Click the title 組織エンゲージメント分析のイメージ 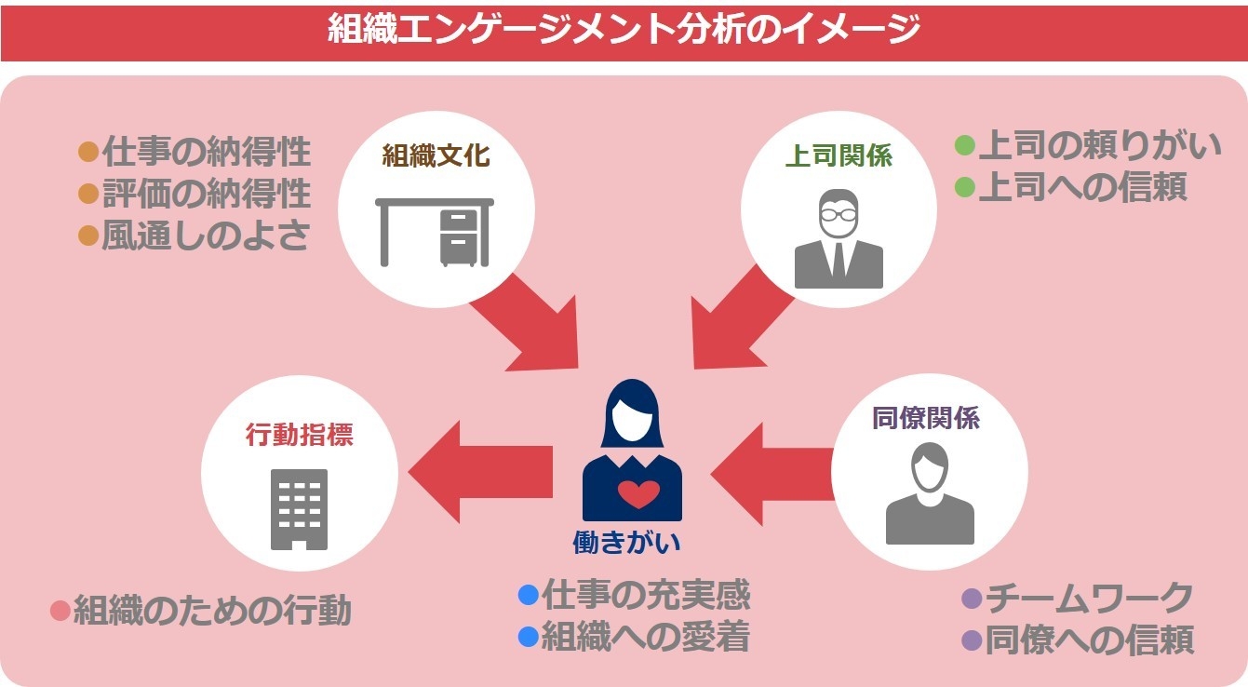(x=624, y=30)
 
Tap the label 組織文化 (x=436, y=155)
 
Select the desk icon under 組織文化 (x=436, y=232)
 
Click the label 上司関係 (x=839, y=155)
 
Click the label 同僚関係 (x=926, y=418)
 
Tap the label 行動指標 (x=299, y=435)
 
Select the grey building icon (x=299, y=508)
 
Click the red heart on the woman (x=638, y=493)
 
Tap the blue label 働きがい (x=626, y=543)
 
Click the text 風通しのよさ (x=205, y=236)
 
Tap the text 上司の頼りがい (x=1099, y=146)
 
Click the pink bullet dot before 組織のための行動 (x=60, y=612)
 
